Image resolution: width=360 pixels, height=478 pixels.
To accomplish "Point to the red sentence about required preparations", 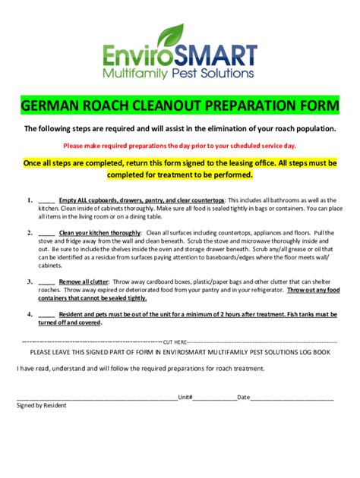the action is [x=179, y=144].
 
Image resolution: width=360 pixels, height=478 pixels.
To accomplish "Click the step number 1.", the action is [x=29, y=200].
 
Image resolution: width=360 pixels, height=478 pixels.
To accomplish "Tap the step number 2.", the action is [x=29, y=232].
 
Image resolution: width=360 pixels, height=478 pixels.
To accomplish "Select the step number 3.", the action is [x=29, y=280].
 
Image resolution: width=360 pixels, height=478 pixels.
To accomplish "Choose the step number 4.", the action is [x=29, y=313].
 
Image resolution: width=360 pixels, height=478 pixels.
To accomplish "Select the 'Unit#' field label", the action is [x=186, y=397].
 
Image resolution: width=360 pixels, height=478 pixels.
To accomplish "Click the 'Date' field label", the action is [x=243, y=397].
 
